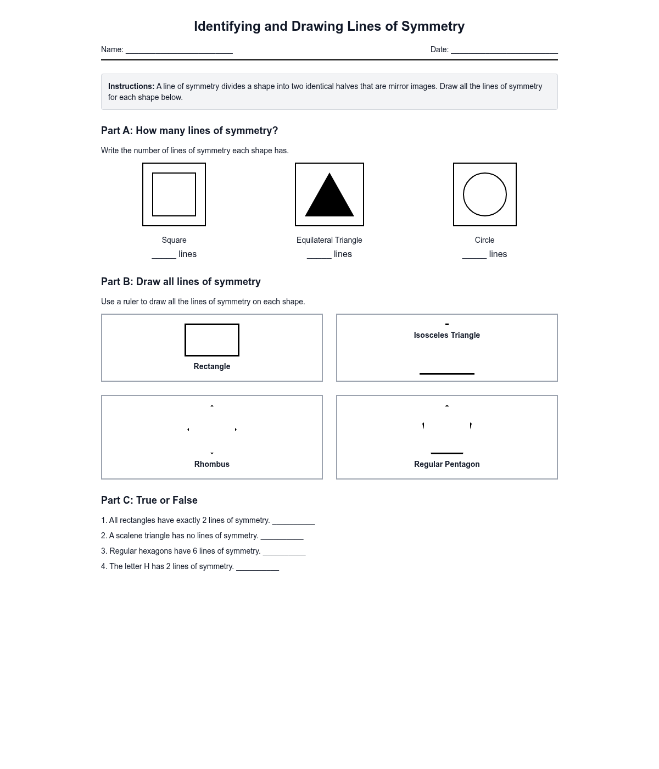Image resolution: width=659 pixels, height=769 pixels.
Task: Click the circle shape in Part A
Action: [x=485, y=194]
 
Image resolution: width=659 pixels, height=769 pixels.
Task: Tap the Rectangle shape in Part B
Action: [x=212, y=340]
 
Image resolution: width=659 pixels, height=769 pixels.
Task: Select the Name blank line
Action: [x=179, y=51]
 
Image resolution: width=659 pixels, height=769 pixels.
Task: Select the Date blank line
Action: [x=504, y=51]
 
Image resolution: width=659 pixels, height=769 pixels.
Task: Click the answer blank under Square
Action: [x=164, y=255]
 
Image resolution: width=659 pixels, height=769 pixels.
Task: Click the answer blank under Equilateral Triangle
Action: [x=319, y=255]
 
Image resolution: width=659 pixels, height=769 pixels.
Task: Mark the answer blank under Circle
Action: [x=474, y=255]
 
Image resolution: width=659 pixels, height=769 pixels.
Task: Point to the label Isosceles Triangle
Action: [x=446, y=335]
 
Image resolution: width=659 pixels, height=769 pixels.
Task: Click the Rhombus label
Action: [x=212, y=464]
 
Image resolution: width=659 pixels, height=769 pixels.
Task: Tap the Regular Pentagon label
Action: [x=446, y=464]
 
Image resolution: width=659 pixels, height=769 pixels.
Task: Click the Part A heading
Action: [x=189, y=131]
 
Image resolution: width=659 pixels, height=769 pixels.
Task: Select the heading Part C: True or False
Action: [x=149, y=500]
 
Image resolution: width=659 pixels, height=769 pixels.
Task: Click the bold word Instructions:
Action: [x=131, y=86]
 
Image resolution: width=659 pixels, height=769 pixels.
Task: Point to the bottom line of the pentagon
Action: [x=447, y=453]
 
